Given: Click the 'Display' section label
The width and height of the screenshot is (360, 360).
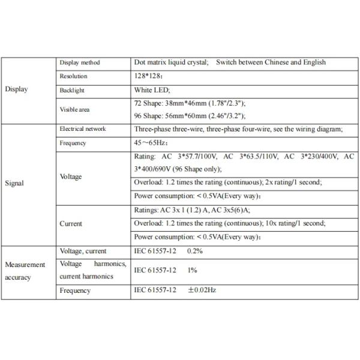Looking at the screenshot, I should tap(16, 89).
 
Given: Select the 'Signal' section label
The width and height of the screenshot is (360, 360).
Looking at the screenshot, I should tap(14, 183).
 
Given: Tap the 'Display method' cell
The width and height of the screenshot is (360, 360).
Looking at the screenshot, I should tap(80, 63).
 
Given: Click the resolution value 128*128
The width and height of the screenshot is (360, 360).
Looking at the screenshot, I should tap(148, 76).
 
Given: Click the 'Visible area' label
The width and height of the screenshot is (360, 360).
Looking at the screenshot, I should tap(75, 109).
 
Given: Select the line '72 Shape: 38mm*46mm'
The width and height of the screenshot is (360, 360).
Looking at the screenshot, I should tap(190, 103).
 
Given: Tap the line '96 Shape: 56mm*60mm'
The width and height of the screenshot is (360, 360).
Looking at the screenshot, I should tap(190, 116).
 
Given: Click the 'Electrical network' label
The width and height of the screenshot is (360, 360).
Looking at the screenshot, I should tap(84, 130).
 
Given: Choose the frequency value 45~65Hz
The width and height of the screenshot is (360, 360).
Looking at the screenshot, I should tap(151, 143).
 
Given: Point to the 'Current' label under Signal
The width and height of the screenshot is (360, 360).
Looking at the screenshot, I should tap(71, 224).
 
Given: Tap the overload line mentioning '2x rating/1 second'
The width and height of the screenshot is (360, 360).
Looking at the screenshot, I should tap(227, 182).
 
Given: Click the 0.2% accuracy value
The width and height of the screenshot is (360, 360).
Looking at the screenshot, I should tap(194, 251).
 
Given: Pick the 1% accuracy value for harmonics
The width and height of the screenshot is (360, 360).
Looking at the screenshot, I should tap(192, 271).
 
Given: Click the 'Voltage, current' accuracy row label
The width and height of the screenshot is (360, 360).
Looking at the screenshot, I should tap(83, 251).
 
